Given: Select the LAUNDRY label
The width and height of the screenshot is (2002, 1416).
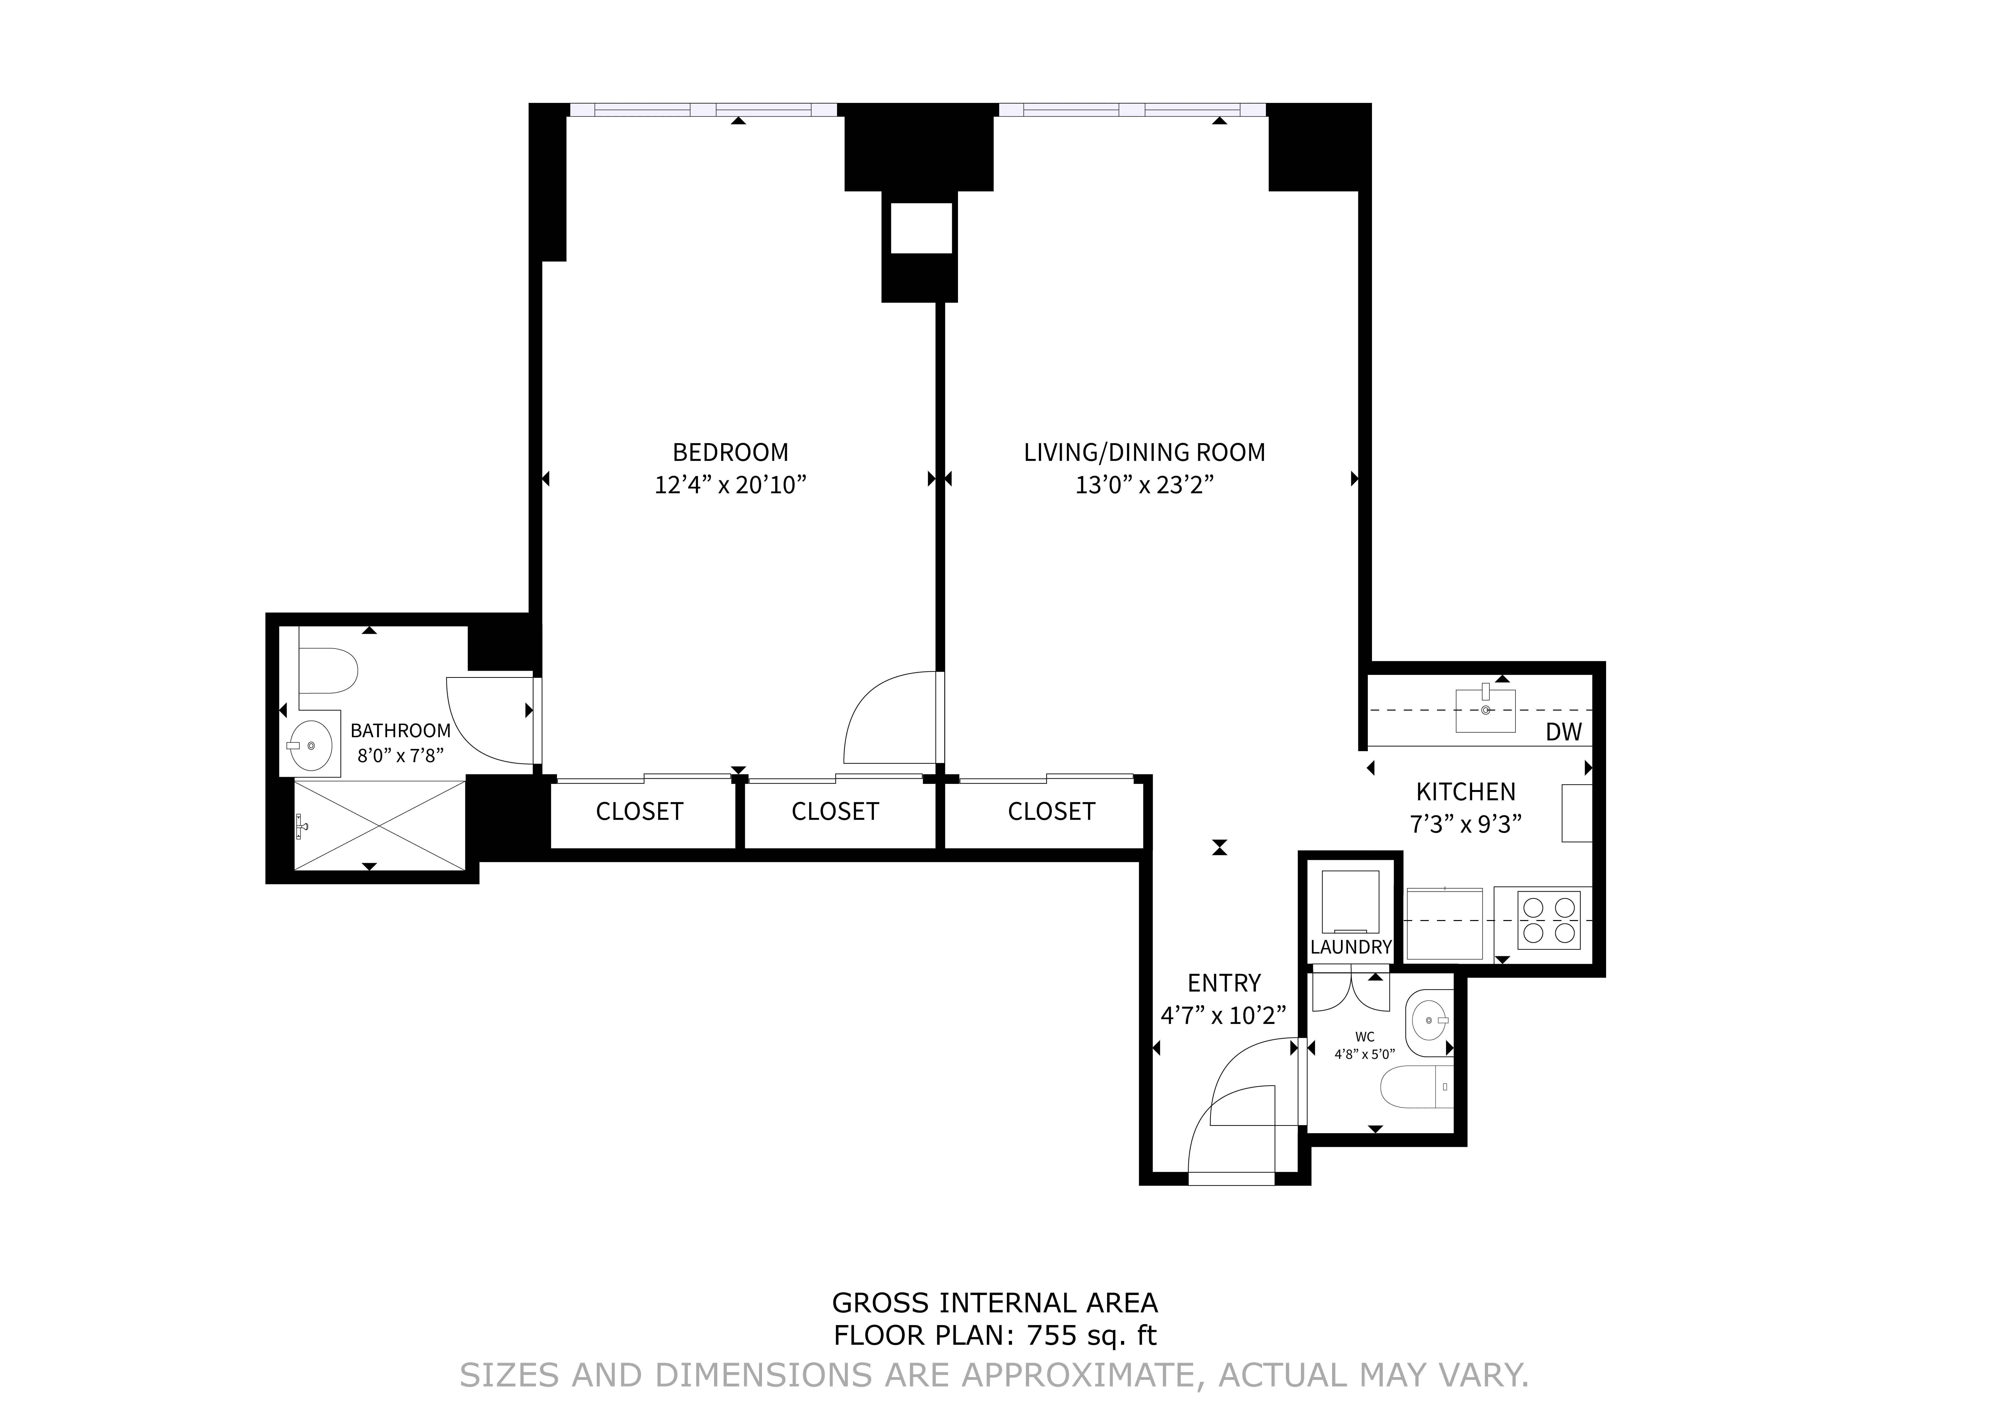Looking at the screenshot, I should (1351, 947).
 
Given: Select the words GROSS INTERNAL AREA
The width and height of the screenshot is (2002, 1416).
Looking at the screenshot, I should (994, 1303).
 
